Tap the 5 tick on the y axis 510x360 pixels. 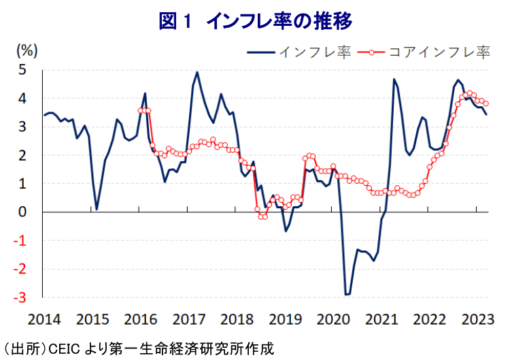point(22,69)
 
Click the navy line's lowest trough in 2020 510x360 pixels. point(347,295)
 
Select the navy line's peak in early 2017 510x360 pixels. point(197,72)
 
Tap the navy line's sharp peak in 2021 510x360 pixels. point(394,80)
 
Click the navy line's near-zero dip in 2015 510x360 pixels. point(97,209)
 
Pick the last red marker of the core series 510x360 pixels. point(486,103)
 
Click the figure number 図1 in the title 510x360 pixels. point(176,21)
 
